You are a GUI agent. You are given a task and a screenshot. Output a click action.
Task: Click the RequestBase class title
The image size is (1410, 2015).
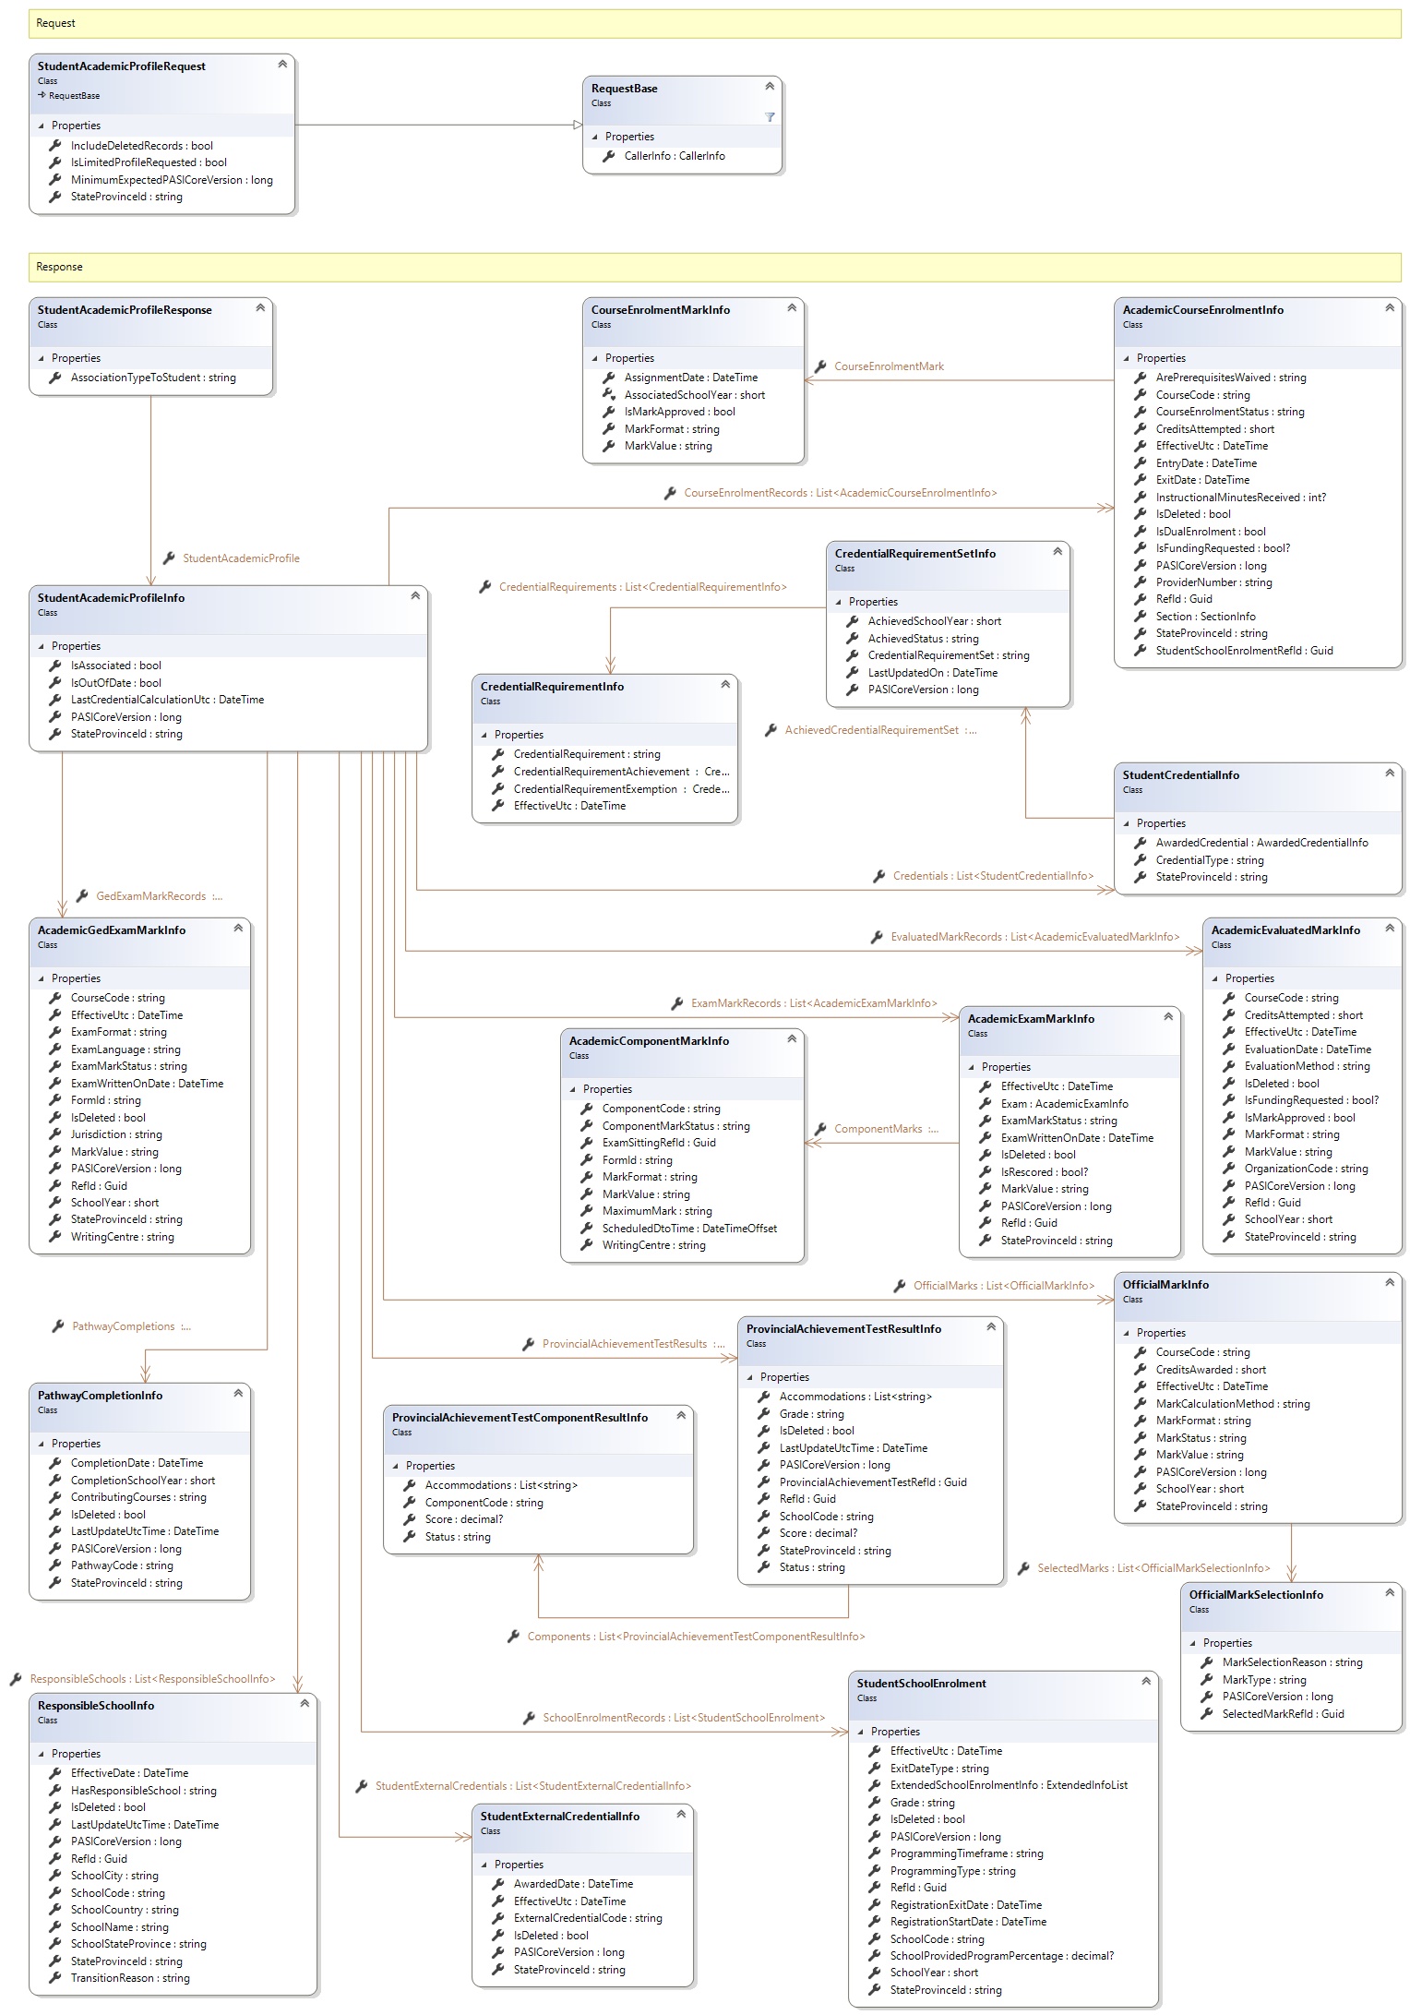tap(625, 89)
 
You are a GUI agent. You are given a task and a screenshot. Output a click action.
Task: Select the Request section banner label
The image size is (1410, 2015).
tap(56, 23)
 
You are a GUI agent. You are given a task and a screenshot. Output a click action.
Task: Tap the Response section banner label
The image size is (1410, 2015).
tap(60, 267)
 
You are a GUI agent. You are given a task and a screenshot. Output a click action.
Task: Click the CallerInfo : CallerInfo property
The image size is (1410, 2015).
tap(674, 156)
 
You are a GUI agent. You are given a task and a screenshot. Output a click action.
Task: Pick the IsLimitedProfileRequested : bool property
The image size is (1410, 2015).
tap(149, 162)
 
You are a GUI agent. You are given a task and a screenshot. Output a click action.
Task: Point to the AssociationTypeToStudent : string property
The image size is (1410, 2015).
tap(153, 378)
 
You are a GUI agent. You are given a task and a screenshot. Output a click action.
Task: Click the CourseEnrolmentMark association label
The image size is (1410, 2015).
tap(888, 366)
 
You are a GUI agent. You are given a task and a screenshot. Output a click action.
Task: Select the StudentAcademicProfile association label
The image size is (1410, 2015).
tap(241, 558)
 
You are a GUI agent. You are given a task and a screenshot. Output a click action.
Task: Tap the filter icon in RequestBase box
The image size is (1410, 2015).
tap(770, 117)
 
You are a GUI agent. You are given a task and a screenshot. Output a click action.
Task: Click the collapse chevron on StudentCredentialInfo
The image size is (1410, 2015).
tap(1389, 774)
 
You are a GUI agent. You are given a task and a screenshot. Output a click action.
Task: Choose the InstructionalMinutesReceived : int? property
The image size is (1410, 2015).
tap(1240, 498)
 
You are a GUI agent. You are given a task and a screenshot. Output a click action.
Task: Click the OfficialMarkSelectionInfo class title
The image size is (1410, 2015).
tap(1256, 1595)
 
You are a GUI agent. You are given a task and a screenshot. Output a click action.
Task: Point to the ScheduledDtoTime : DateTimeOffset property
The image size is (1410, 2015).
tap(689, 1229)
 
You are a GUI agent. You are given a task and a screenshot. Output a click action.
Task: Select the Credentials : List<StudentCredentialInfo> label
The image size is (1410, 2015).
tap(992, 876)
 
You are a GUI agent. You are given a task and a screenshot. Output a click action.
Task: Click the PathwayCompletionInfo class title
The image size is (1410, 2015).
tap(100, 1396)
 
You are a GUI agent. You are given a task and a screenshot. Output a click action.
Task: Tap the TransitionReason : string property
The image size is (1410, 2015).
tap(130, 1978)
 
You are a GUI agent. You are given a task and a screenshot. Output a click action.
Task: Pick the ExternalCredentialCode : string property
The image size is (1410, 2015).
tap(588, 1918)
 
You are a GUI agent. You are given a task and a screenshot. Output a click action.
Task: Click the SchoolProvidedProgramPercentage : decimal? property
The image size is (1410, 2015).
tap(1001, 1956)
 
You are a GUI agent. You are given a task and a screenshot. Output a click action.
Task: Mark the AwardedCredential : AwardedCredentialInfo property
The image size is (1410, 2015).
tap(1261, 843)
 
